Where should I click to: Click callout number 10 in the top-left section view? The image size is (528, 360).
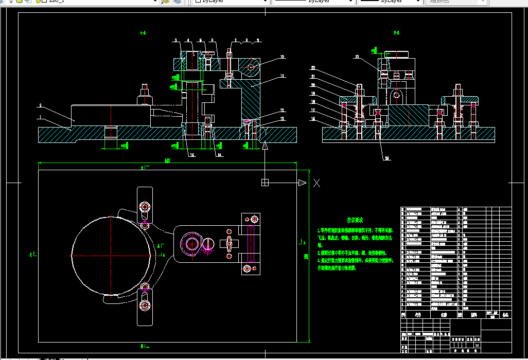(282, 57)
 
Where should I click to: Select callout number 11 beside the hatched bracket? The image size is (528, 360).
(282, 76)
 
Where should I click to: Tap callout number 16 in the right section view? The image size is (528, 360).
(312, 119)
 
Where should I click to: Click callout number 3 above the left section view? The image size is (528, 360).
(175, 40)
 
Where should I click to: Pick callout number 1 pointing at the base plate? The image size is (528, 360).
(40, 117)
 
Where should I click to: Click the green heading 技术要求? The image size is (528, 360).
(355, 220)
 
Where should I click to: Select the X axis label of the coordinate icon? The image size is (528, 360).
(317, 183)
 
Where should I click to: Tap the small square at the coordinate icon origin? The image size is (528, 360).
(265, 183)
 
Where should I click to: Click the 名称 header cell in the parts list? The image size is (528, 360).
(444, 314)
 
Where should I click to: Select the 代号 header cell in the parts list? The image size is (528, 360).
(418, 314)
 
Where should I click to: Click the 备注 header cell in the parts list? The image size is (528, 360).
(505, 314)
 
